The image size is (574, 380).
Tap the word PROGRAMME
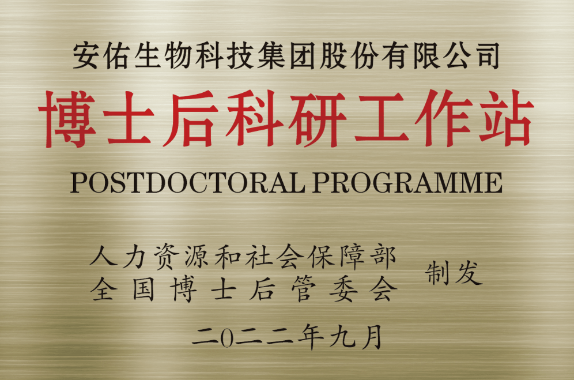click(x=407, y=183)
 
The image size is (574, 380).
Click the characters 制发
click(x=454, y=273)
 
